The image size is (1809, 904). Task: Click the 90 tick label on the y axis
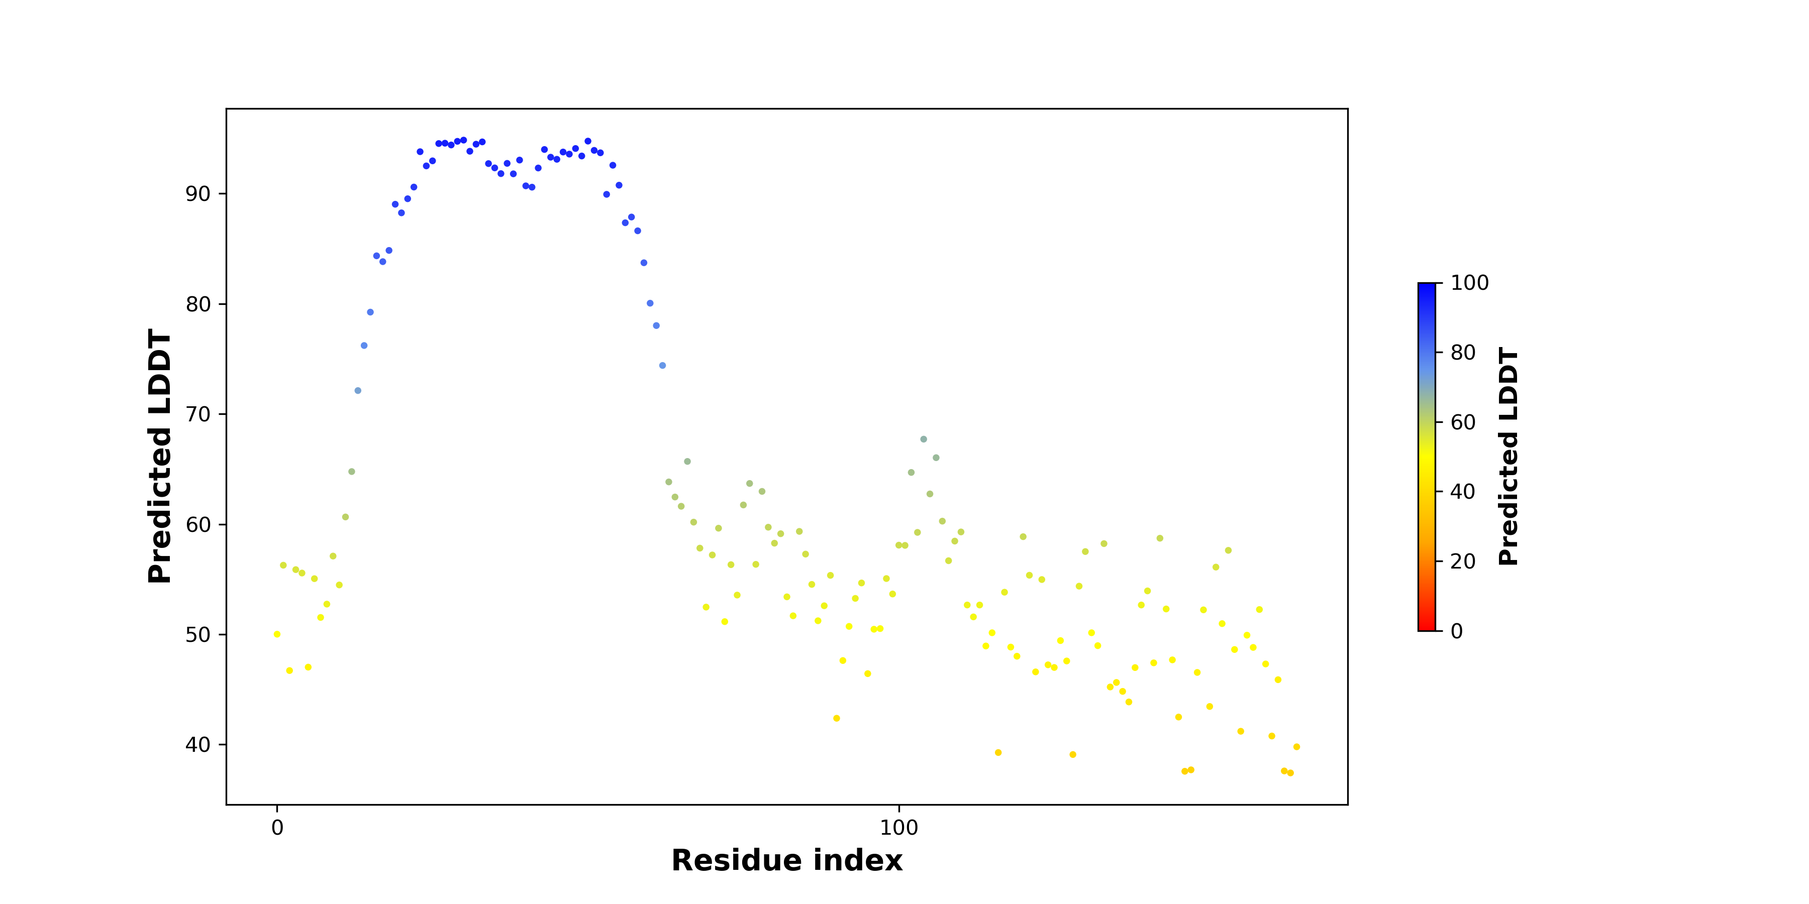click(198, 194)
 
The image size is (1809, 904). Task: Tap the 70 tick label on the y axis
click(198, 414)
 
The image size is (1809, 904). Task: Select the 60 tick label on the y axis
click(198, 524)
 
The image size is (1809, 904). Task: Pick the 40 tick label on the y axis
click(198, 745)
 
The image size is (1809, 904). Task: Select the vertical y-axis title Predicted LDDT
click(160, 456)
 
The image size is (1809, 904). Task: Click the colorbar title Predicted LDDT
click(1509, 456)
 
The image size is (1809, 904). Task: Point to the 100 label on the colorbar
click(1470, 283)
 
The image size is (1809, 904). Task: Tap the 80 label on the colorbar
click(1463, 353)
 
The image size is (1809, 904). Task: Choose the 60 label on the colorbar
click(1463, 422)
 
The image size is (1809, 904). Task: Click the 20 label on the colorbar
click(1463, 561)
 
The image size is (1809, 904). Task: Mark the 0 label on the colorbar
click(1457, 631)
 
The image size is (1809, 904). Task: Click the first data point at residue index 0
click(277, 634)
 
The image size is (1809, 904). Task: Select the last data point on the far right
click(1296, 747)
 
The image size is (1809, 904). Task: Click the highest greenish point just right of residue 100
click(924, 439)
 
